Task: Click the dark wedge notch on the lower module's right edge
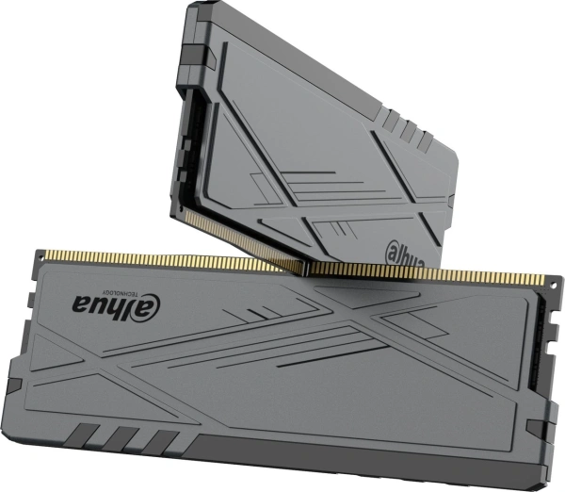click(539, 416)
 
